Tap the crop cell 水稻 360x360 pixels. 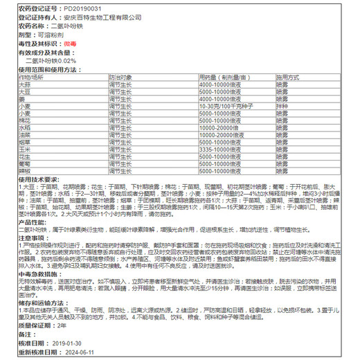click(24, 128)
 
